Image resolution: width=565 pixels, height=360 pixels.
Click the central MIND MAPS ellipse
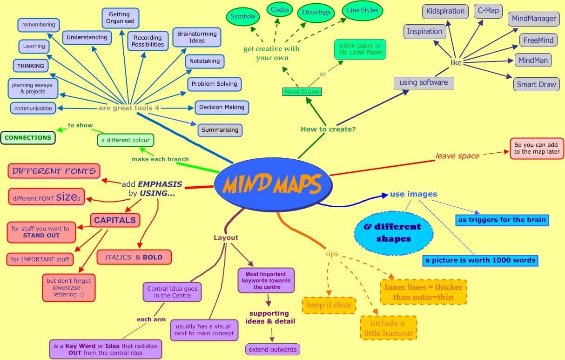tap(273, 184)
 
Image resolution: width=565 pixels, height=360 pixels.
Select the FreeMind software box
tap(538, 41)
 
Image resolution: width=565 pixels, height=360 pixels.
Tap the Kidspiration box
tap(445, 11)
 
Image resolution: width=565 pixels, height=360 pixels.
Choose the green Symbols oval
tap(242, 17)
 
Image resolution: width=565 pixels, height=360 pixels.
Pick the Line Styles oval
tap(362, 11)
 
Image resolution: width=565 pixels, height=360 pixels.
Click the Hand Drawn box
tap(302, 92)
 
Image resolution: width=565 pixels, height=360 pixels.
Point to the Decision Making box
tap(222, 107)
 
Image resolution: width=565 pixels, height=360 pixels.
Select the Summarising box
tap(220, 130)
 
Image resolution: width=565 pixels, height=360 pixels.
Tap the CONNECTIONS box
tap(27, 138)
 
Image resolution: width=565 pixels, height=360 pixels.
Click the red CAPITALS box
tap(115, 220)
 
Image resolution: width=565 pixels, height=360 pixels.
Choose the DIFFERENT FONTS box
tap(54, 171)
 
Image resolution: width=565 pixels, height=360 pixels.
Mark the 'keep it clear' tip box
tap(329, 306)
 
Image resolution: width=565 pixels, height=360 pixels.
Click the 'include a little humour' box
tap(388, 328)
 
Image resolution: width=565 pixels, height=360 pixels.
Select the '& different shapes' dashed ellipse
tap(393, 233)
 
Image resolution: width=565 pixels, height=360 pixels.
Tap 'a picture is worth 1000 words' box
tap(480, 260)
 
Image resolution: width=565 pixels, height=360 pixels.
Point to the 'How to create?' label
tap(328, 129)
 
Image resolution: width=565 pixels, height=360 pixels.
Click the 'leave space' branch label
tap(457, 156)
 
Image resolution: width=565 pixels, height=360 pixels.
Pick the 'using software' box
tap(424, 83)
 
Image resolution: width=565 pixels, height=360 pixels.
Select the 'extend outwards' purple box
tap(272, 349)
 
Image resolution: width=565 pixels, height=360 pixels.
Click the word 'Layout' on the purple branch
tap(226, 238)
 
